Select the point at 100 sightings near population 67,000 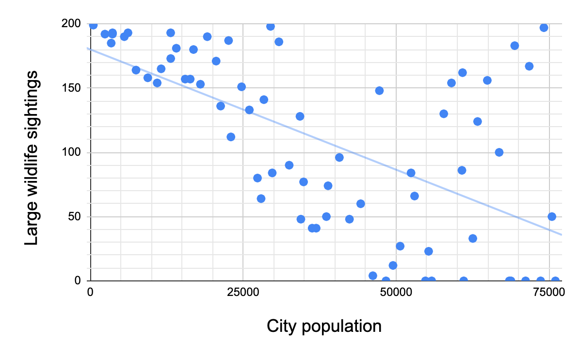click(x=499, y=152)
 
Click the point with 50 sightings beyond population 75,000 click(x=552, y=216)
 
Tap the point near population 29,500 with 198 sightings click(x=271, y=26)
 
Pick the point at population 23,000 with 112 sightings click(x=231, y=137)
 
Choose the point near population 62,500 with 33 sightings click(x=473, y=238)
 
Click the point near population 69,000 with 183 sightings click(x=515, y=46)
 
